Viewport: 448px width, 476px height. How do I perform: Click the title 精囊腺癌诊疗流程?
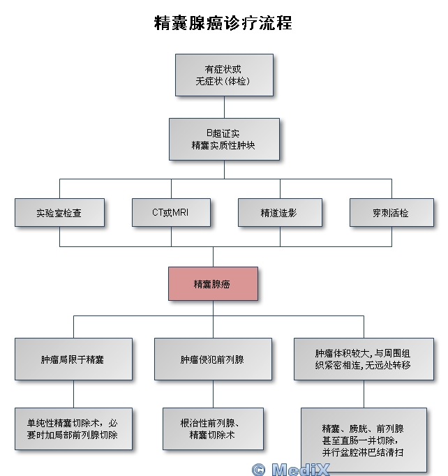tap(223, 23)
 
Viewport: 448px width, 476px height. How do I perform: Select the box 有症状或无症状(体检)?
tap(223, 75)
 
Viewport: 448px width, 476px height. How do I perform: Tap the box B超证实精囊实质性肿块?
tap(224, 139)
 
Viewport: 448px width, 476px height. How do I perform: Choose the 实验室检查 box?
tap(59, 212)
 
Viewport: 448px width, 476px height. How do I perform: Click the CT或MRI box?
tap(170, 212)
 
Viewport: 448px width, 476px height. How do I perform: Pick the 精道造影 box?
tap(280, 212)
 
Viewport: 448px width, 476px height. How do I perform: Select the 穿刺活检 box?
tap(391, 212)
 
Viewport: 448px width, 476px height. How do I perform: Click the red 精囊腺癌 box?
tap(212, 283)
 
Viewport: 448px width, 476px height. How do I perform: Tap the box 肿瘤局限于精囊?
tap(73, 359)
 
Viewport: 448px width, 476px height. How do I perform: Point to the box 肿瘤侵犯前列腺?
tap(213, 359)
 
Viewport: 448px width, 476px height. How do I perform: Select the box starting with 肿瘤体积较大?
tap(364, 359)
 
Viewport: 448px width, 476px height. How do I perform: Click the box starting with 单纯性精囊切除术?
tap(73, 428)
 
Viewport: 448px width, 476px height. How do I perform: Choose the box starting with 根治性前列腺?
tap(213, 428)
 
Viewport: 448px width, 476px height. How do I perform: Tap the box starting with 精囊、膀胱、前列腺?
tap(364, 440)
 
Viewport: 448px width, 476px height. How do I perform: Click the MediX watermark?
tap(300, 469)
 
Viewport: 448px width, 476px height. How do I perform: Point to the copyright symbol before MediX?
tap(259, 470)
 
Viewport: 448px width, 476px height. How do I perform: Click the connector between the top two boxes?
tap(224, 106)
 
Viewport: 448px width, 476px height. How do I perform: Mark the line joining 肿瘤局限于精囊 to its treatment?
tap(74, 394)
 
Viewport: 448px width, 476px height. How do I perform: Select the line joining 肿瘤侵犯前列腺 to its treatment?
tap(214, 394)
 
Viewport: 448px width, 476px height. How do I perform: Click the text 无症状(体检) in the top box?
tap(223, 82)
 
